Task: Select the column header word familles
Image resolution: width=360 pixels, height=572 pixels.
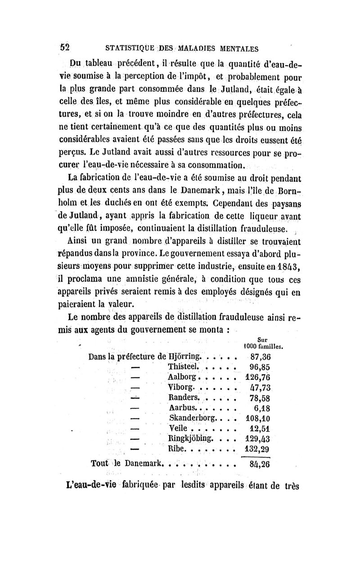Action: click(275, 347)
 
